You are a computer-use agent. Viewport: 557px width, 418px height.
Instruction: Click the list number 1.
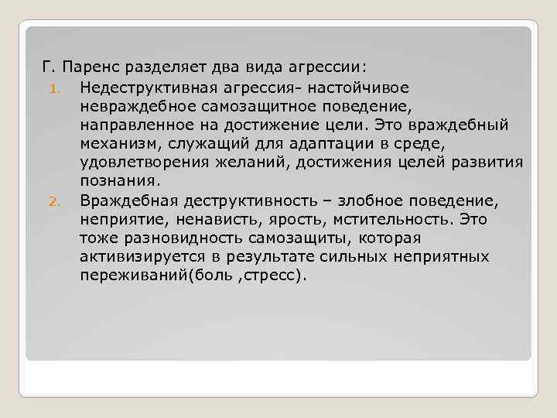pyautogui.click(x=56, y=87)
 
